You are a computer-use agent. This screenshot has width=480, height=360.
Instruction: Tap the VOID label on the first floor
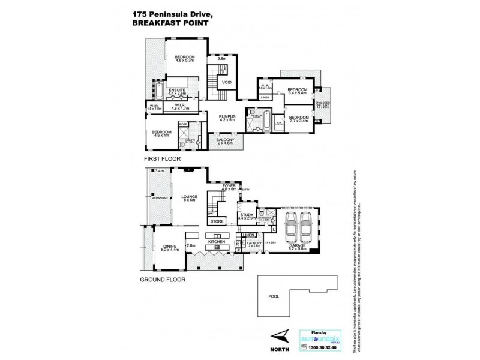(x=226, y=82)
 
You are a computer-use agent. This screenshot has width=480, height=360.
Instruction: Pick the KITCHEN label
(x=215, y=241)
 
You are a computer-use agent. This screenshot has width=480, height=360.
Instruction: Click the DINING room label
(x=170, y=246)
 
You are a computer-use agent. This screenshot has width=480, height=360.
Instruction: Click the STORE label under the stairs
(x=217, y=221)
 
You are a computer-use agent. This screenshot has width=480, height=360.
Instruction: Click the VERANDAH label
(x=160, y=197)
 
